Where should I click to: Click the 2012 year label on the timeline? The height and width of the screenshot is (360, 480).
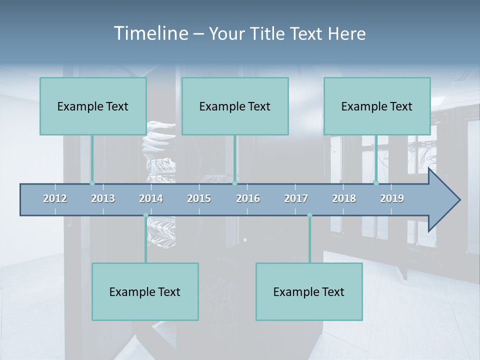coord(55,198)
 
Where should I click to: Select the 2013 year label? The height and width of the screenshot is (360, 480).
coord(103,198)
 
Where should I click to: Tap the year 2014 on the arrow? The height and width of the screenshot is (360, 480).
coord(151,198)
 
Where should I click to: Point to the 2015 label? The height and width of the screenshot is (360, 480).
coord(199,198)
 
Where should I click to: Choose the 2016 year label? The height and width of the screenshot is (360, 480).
coord(248,198)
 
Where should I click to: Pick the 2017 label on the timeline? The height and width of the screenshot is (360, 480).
coord(296,198)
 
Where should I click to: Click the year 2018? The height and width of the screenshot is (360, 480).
coord(344,198)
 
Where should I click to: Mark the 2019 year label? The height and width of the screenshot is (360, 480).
coord(392,198)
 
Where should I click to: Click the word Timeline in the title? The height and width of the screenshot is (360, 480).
coord(150,33)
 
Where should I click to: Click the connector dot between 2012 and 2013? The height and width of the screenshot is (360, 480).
coord(92,183)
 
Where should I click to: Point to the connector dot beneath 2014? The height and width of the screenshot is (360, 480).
coord(145,215)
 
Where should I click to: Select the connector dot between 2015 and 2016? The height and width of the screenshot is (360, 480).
coord(234,183)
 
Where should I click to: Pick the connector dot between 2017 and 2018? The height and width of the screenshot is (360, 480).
coord(309,215)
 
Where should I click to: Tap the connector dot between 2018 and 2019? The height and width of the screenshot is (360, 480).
coord(376,183)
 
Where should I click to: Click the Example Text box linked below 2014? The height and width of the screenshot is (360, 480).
coord(145,291)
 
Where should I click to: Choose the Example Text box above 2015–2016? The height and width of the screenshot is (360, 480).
coord(235,106)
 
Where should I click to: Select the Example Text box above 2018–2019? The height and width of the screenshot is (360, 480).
coord(377,106)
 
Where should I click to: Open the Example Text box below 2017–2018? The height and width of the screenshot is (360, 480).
coord(309,291)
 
